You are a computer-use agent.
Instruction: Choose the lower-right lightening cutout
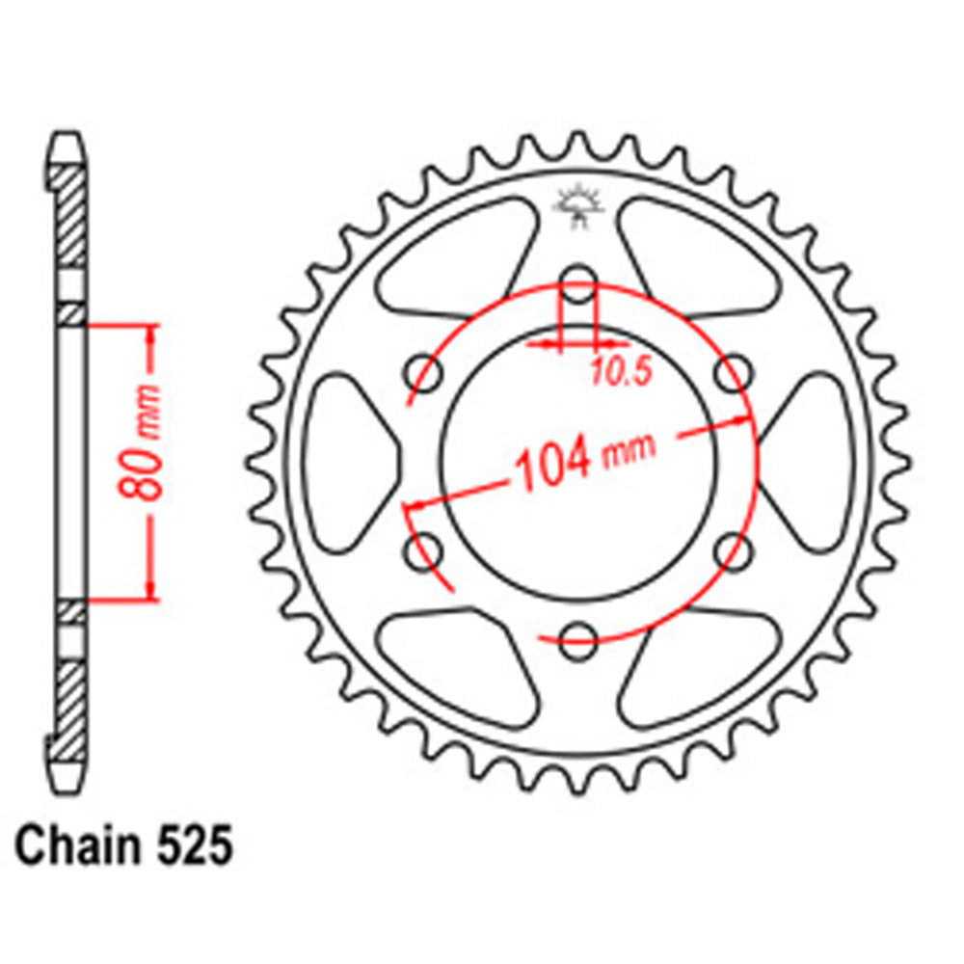(704, 665)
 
